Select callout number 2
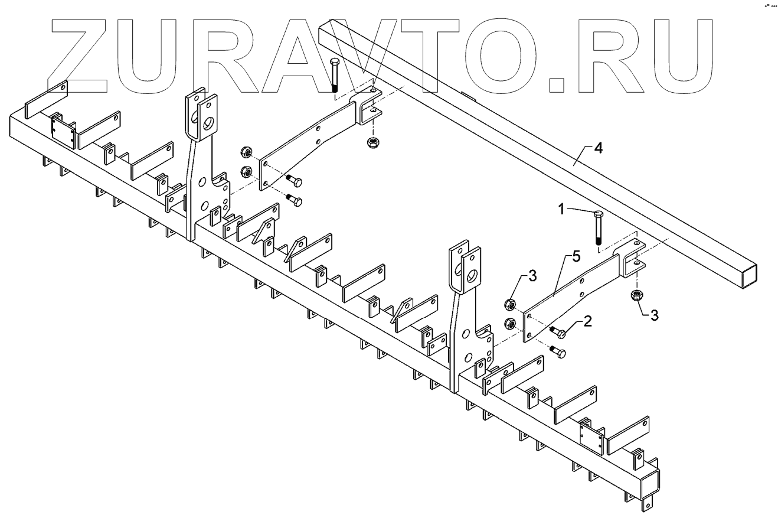(587, 321)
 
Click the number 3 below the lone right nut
(654, 315)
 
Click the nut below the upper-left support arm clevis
(372, 142)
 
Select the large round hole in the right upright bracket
(473, 275)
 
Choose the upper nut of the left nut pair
(245, 154)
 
